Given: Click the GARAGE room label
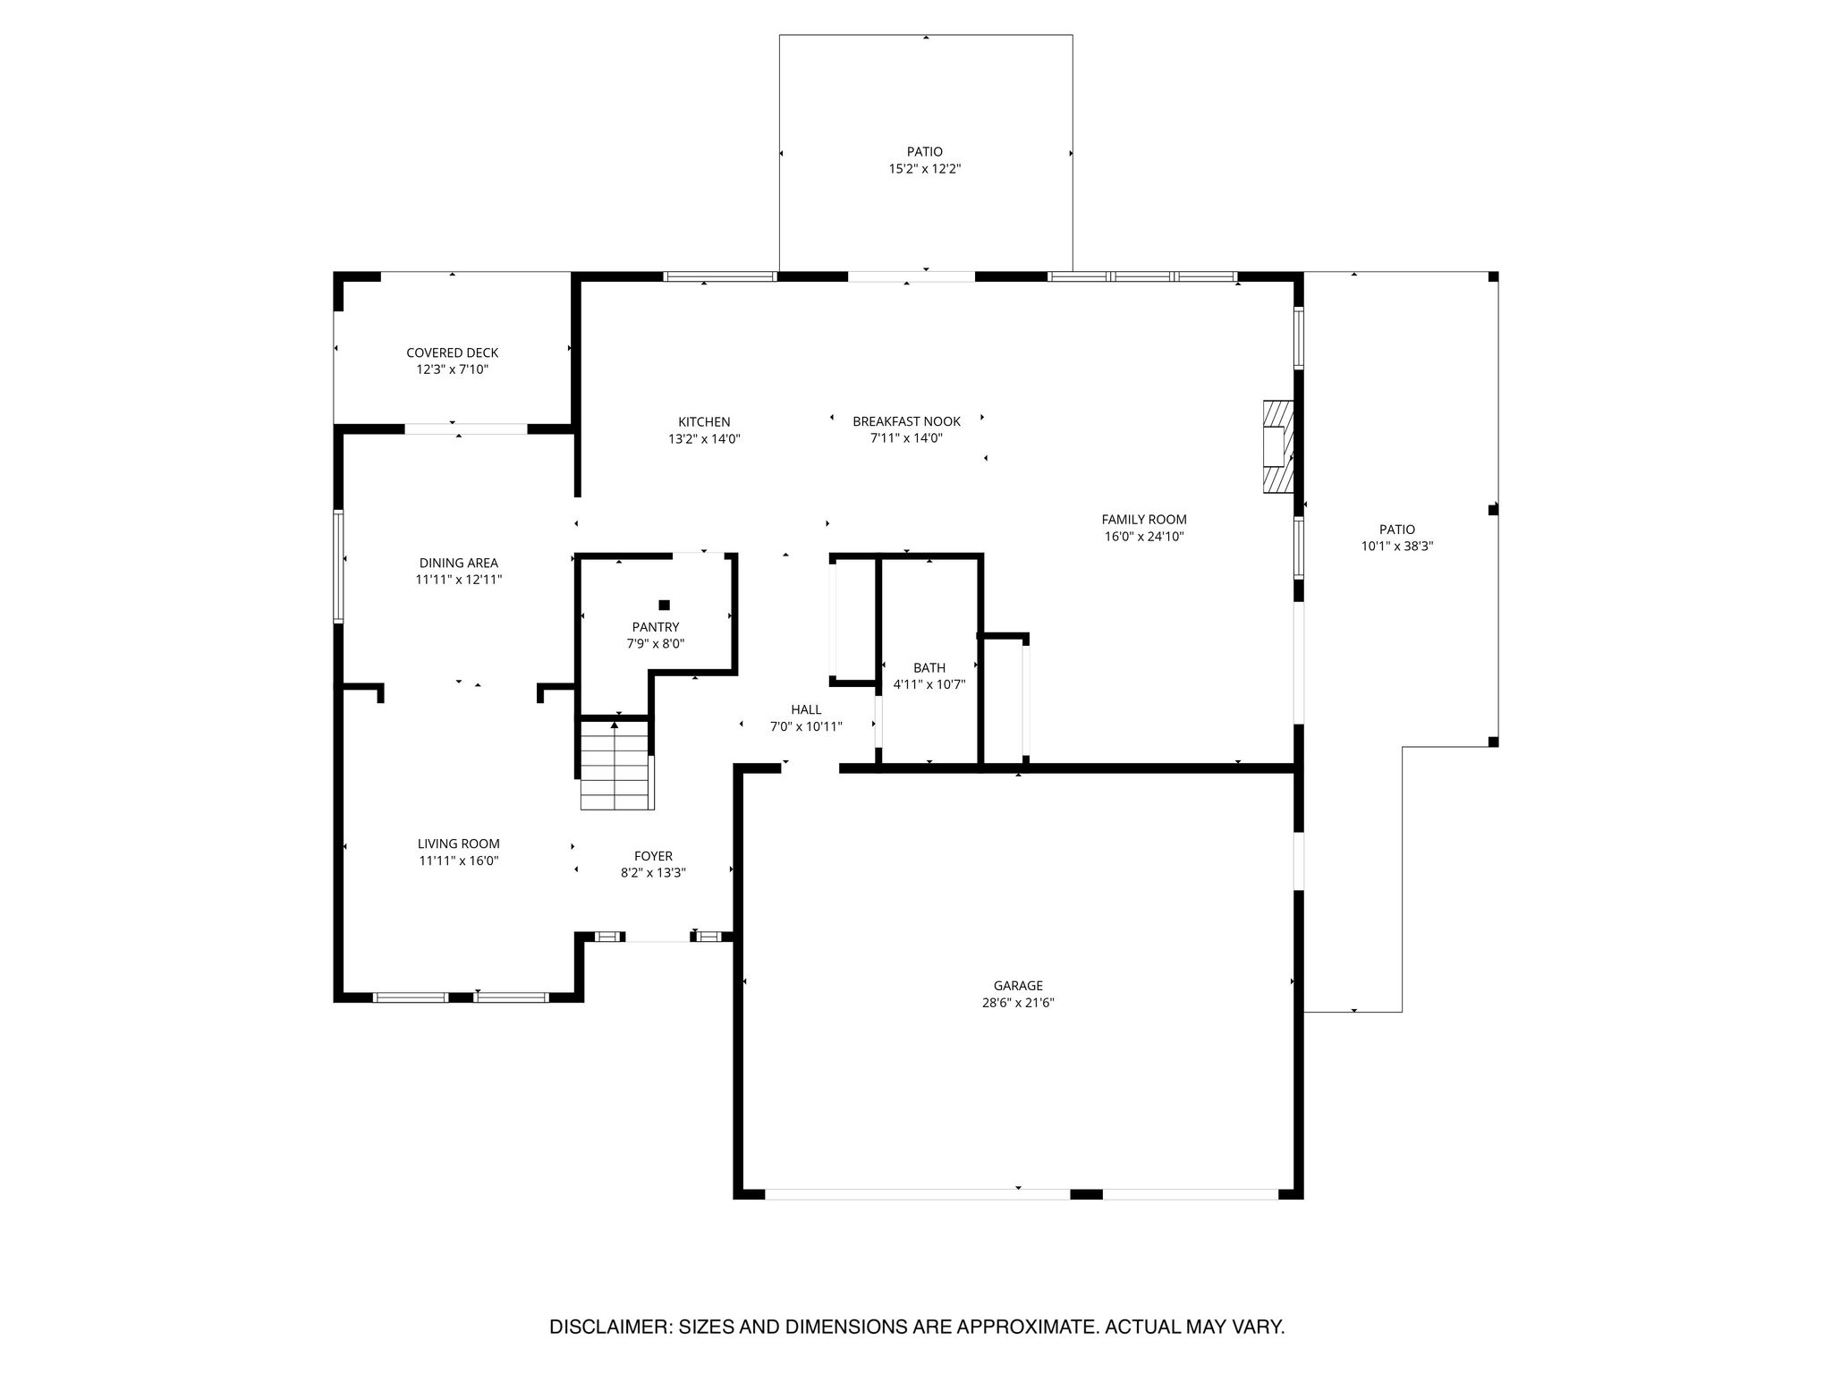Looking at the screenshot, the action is click(1018, 986).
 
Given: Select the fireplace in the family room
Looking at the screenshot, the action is click(1278, 446).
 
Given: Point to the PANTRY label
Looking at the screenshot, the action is click(656, 627).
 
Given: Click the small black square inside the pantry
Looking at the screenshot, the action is click(664, 605).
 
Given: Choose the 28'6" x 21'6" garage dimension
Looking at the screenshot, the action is click(1018, 1003).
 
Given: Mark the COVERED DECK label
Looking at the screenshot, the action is click(453, 352).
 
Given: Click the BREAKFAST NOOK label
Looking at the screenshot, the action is click(906, 421).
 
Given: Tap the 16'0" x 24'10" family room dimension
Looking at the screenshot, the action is click(1144, 537).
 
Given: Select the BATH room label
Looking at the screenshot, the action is click(929, 667).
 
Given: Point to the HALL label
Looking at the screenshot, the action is click(806, 709).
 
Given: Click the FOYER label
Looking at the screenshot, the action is click(653, 856).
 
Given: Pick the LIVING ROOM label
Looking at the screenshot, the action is click(459, 844).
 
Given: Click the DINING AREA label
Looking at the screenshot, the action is click(459, 563).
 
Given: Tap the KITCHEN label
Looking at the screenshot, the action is click(704, 422).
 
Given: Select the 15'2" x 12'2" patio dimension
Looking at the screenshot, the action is click(925, 168).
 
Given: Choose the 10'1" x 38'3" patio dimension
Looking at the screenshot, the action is click(1397, 546).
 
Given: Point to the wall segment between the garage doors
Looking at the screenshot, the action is click(1086, 1193).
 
